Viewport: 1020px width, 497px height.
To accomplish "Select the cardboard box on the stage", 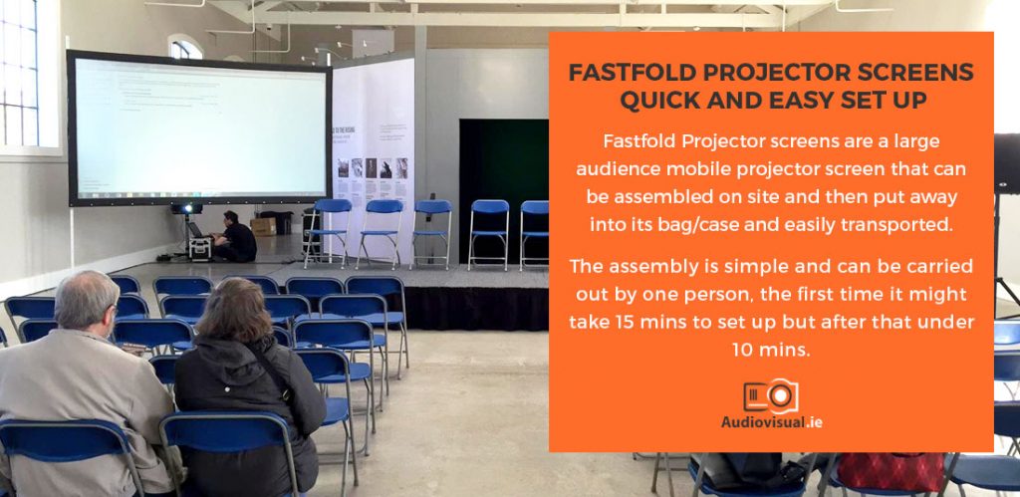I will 264,226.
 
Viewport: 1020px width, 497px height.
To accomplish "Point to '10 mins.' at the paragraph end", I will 770,350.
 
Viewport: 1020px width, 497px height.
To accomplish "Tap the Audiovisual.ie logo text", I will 771,421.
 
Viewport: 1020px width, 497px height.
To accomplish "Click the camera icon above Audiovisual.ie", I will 770,395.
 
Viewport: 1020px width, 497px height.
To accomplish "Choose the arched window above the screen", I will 185,48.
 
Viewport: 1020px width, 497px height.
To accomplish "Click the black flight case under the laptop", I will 200,249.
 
